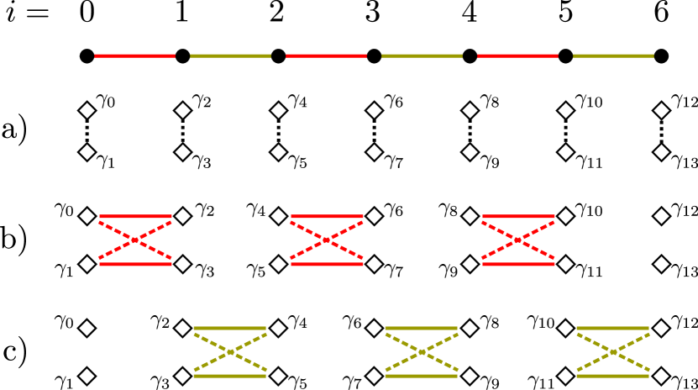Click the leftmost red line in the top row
click(x=134, y=55)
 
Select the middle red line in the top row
click(x=326, y=55)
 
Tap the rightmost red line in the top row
click(x=517, y=55)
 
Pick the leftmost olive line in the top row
click(x=230, y=55)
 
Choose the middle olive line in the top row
click(x=422, y=55)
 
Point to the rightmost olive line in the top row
click(x=613, y=55)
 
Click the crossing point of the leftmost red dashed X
click(x=135, y=240)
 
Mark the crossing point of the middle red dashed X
click(x=327, y=240)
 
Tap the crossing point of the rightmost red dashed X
click(x=518, y=240)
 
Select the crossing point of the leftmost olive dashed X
click(x=230, y=352)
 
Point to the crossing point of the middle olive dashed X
click(x=422, y=352)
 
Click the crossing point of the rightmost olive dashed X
click(x=613, y=352)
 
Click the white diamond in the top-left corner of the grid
click(x=87, y=110)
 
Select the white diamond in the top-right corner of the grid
click(x=662, y=110)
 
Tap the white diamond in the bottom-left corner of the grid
click(x=87, y=376)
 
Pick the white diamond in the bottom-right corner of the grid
click(x=662, y=376)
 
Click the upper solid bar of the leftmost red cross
click(x=135, y=217)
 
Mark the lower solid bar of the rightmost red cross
click(x=518, y=264)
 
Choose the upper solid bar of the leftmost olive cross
click(x=230, y=329)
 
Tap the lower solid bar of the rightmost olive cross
click(x=613, y=376)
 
